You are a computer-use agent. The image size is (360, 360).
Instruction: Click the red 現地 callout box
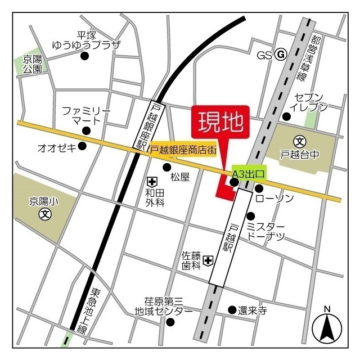(x=220, y=120)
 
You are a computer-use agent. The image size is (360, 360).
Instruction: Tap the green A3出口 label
(x=248, y=174)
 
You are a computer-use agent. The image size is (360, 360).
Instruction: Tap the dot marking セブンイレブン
(x=286, y=116)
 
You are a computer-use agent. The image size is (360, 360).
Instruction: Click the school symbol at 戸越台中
(x=300, y=141)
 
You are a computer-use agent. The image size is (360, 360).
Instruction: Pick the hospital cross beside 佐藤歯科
(x=208, y=260)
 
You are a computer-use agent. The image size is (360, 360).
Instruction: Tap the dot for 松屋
(x=166, y=167)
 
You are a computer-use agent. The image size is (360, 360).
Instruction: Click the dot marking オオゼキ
(x=82, y=146)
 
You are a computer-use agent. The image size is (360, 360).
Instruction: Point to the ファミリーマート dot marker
(x=85, y=130)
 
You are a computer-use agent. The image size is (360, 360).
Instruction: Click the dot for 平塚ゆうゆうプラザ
(x=85, y=56)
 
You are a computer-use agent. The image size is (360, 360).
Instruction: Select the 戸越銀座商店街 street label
(x=183, y=150)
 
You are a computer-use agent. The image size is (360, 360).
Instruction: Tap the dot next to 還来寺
(x=232, y=309)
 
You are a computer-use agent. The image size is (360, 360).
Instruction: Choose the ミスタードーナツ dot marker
(x=251, y=216)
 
